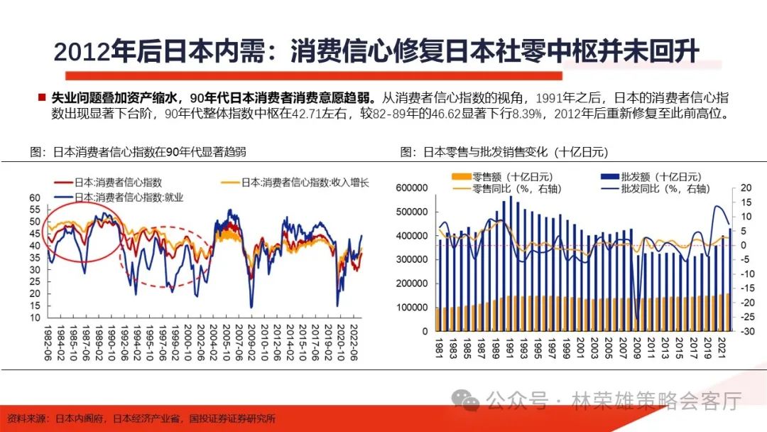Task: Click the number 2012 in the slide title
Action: pyautogui.click(x=79, y=51)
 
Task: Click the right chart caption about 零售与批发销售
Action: pyautogui.click(x=504, y=152)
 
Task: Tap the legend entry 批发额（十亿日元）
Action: pyautogui.click(x=649, y=177)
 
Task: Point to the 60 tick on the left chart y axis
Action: pyautogui.click(x=35, y=198)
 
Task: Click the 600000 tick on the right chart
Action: pyautogui.click(x=411, y=188)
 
